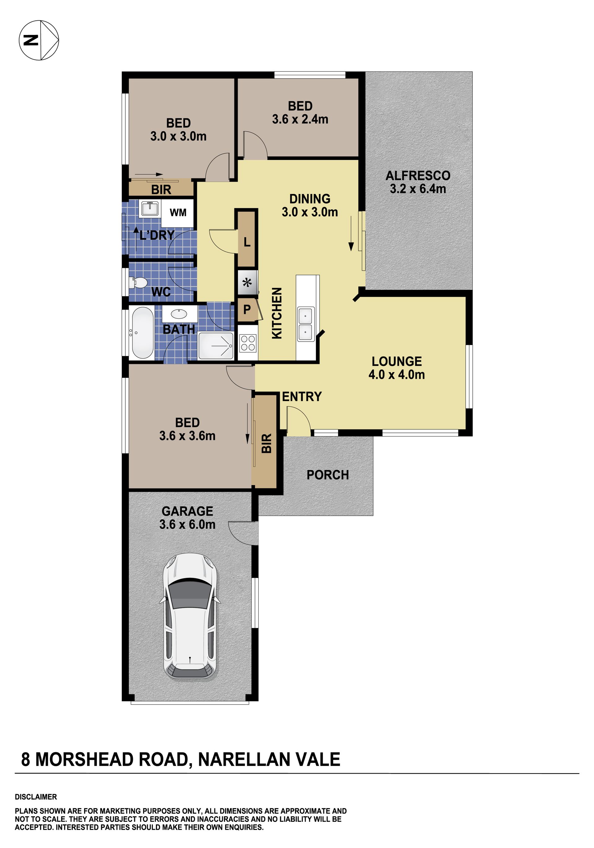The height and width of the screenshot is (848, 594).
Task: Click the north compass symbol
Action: (x=39, y=40)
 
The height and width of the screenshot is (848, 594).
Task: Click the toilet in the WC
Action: (x=137, y=283)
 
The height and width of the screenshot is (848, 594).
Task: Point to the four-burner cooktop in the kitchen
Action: (x=248, y=342)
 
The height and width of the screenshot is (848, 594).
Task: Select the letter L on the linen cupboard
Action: (x=247, y=242)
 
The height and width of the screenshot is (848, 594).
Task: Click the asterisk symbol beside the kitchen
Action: (x=247, y=283)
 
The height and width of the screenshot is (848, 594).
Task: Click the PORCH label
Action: (x=328, y=475)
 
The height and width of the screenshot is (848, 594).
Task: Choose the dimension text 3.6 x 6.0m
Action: (x=187, y=524)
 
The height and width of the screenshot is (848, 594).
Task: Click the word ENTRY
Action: (x=302, y=397)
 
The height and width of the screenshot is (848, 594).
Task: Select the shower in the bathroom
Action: (x=216, y=346)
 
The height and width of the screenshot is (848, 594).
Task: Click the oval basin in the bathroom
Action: (x=179, y=314)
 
